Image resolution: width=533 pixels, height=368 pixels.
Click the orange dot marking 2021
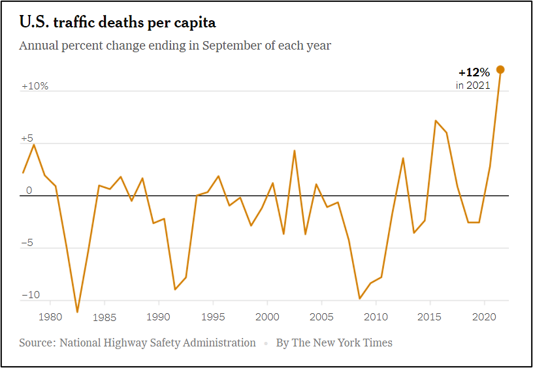[500, 70]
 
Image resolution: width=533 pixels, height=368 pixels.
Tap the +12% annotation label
[474, 72]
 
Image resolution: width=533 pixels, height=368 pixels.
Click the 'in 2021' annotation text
[472, 85]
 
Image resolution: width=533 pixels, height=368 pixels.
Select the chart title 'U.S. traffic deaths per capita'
[118, 22]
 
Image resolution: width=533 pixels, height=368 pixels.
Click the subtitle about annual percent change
[174, 46]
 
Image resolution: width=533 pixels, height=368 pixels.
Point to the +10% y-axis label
[35, 86]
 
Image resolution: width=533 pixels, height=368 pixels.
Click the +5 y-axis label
[27, 138]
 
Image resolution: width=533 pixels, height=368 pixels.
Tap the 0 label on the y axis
[29, 191]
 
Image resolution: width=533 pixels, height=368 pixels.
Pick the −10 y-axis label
[31, 296]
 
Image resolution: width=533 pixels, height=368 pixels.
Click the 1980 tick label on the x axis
[50, 317]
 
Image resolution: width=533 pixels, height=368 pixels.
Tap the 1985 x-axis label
[105, 317]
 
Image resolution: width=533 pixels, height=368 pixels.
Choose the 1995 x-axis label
[213, 317]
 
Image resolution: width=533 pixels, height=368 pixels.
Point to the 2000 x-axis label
[267, 317]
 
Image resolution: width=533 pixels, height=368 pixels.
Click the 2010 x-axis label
[376, 317]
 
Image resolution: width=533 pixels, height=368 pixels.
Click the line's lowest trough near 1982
[77, 312]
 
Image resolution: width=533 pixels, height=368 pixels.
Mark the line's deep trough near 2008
[359, 299]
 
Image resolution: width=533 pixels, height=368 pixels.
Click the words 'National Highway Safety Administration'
[157, 343]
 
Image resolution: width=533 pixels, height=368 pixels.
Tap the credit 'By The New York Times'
[334, 343]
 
